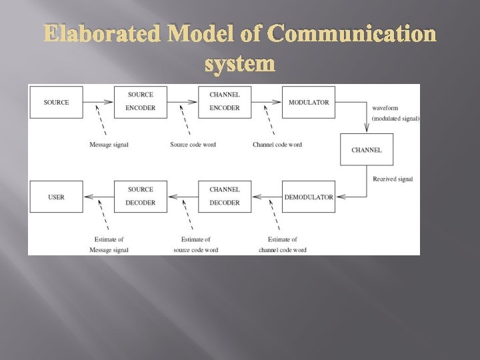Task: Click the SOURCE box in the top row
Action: pyautogui.click(x=56, y=102)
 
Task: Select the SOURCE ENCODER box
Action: pyautogui.click(x=140, y=102)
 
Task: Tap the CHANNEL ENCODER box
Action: pyautogui.click(x=224, y=102)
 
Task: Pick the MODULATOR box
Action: pyautogui.click(x=308, y=102)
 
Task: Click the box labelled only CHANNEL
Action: pyautogui.click(x=366, y=149)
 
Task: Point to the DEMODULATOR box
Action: pyautogui.click(x=308, y=197)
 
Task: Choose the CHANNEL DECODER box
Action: pyautogui.click(x=224, y=197)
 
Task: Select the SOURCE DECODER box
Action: pyautogui.click(x=140, y=197)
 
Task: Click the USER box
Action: pyautogui.click(x=56, y=197)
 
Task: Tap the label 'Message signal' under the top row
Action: pyautogui.click(x=109, y=145)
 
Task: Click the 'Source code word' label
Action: pyautogui.click(x=193, y=145)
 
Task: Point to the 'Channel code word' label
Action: pyautogui.click(x=277, y=145)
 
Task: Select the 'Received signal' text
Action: pyautogui.click(x=393, y=179)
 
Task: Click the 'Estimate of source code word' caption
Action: pyautogui.click(x=195, y=244)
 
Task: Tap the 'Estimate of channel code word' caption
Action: pyautogui.click(x=282, y=244)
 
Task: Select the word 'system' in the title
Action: pyautogui.click(x=240, y=63)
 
